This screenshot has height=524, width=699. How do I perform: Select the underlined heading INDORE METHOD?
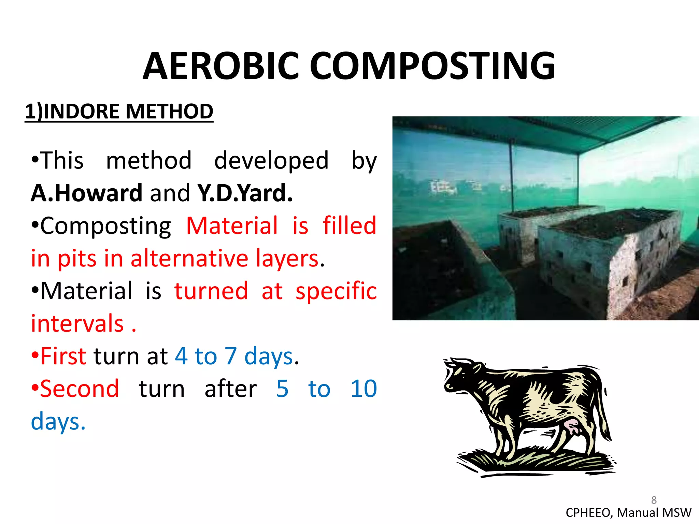[128, 112]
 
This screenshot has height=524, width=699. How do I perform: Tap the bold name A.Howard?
[86, 193]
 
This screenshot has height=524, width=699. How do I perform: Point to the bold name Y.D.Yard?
[245, 193]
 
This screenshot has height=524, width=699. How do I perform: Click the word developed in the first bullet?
[271, 160]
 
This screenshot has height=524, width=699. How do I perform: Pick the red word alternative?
[189, 258]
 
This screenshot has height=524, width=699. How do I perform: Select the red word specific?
[336, 291]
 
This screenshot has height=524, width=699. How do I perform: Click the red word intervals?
[77, 323]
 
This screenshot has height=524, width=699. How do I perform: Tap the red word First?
[63, 356]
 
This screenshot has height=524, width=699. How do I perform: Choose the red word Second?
[79, 389]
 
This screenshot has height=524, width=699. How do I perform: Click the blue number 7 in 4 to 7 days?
[231, 356]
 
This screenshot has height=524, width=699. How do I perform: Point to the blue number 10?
[363, 389]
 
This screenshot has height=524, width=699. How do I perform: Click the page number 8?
[654, 500]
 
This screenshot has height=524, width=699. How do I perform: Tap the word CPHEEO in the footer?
[589, 513]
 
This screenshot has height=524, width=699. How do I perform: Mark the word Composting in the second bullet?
[105, 226]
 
